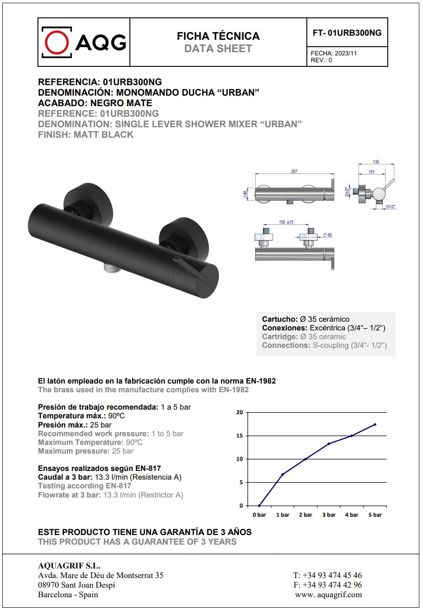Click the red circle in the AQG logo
tap(57, 42)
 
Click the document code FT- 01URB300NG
tap(347, 33)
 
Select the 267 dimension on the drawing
tap(294, 171)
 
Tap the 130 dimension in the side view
tap(376, 162)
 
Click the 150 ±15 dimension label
tap(286, 222)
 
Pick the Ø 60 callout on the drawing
tap(327, 235)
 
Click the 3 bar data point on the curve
tap(329, 443)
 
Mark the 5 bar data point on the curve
tap(375, 424)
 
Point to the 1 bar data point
tap(283, 474)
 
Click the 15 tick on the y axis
tap(240, 436)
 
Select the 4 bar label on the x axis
tap(352, 515)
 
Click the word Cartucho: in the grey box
tap(279, 319)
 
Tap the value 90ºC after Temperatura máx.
tap(117, 416)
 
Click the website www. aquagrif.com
tap(328, 595)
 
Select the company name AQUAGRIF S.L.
tap(69, 566)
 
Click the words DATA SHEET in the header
tap(218, 49)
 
